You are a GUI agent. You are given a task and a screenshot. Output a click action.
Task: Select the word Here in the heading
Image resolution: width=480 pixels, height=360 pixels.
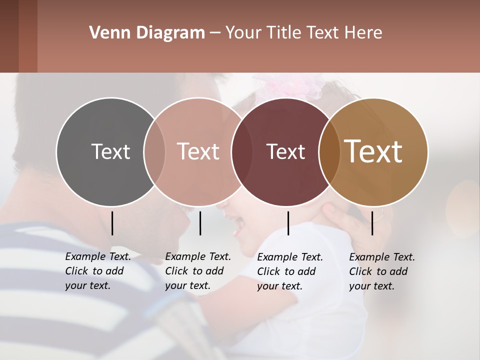click(x=364, y=33)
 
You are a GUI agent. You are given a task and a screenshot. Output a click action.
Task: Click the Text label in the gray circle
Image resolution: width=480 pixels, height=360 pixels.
click(x=110, y=151)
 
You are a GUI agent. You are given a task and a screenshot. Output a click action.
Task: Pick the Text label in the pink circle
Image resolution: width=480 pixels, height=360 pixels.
click(x=198, y=151)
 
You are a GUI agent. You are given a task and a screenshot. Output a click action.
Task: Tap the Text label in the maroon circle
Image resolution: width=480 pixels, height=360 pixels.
click(x=285, y=151)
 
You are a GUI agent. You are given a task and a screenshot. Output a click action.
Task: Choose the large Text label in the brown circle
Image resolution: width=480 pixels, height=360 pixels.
click(x=373, y=151)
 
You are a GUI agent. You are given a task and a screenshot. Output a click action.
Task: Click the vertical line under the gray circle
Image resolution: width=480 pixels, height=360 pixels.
click(x=112, y=223)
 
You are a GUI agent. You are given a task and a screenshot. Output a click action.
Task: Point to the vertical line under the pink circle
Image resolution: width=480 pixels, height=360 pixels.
click(x=200, y=223)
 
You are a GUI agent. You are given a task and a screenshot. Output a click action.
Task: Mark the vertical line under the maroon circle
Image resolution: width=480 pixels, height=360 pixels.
click(x=288, y=223)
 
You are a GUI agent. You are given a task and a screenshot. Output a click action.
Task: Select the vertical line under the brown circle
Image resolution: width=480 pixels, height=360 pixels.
click(x=372, y=223)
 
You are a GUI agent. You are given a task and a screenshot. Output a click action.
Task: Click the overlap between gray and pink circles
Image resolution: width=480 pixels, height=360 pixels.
click(x=154, y=152)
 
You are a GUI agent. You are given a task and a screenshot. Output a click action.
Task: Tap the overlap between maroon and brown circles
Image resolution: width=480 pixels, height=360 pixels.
click(x=329, y=152)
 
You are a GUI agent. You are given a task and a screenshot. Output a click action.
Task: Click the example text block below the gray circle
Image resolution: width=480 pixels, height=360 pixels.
click(x=97, y=271)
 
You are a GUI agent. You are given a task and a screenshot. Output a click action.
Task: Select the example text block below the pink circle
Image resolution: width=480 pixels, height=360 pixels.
click(x=197, y=271)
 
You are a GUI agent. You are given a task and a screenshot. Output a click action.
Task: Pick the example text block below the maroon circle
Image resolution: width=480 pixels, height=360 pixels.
click(x=289, y=271)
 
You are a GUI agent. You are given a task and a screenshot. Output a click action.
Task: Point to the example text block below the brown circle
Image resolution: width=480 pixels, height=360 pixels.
click(x=381, y=271)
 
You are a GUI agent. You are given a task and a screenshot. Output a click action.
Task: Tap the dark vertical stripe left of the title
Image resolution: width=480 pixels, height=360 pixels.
click(x=27, y=36)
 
